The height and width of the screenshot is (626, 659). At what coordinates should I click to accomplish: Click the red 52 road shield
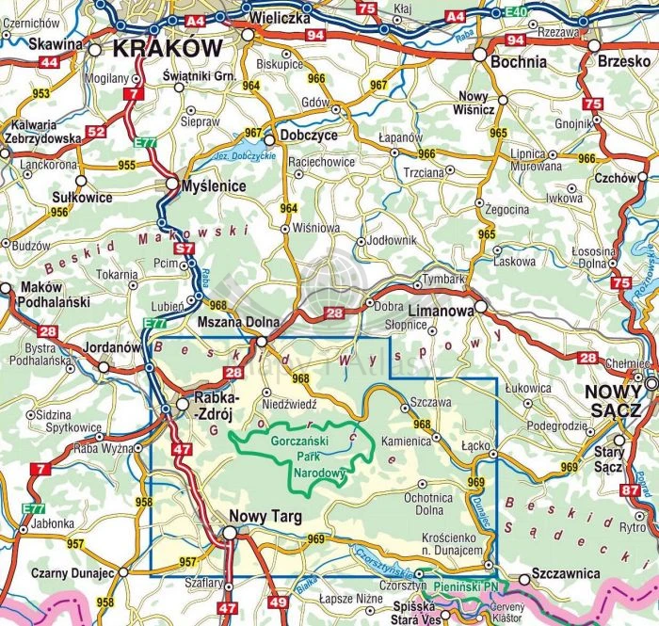pyautogui.click(x=96, y=131)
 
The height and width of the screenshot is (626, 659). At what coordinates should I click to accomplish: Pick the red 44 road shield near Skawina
pyautogui.click(x=49, y=62)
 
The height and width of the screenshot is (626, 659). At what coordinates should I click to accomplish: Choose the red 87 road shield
pyautogui.click(x=631, y=489)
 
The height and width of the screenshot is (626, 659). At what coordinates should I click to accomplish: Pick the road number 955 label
pyautogui.click(x=128, y=164)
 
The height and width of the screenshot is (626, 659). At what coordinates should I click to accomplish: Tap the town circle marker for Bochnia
pyautogui.click(x=480, y=56)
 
